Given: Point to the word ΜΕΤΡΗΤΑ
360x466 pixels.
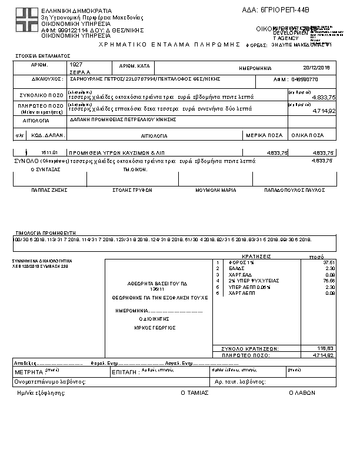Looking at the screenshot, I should [28, 372].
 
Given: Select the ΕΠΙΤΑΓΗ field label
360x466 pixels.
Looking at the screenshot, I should [125, 372].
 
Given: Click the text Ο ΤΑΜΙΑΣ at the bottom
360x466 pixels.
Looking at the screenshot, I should [194, 392].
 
